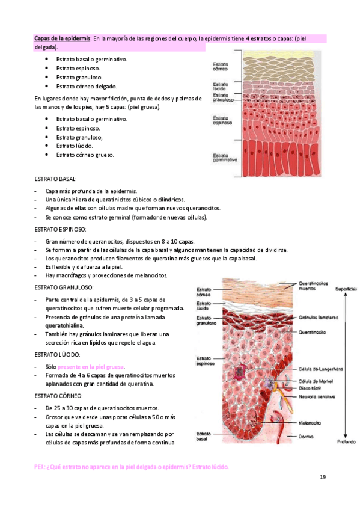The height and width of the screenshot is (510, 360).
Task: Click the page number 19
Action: coord(323,477)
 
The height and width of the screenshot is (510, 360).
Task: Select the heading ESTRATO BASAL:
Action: coord(55,179)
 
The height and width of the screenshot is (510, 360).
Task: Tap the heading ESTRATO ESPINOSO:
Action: coord(60,229)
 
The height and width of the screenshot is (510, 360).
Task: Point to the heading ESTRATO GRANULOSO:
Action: coord(64,287)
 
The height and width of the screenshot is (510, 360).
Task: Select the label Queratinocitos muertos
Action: coord(313,284)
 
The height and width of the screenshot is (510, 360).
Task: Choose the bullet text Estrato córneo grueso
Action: coord(85,155)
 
